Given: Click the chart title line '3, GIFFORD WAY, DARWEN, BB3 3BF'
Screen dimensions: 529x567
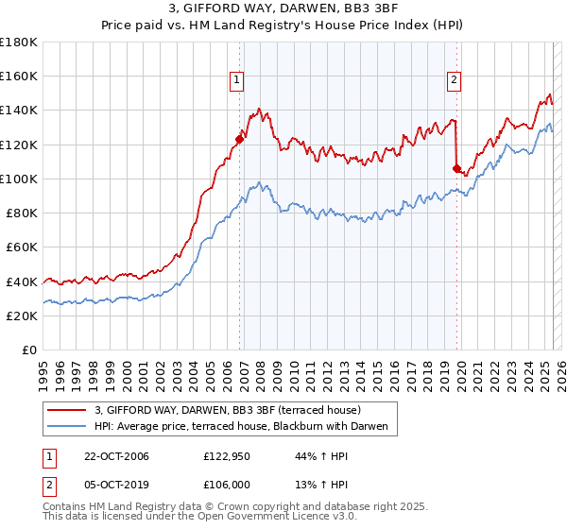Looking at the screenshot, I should click(283, 10).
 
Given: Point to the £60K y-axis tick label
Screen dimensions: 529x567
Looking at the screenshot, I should click(22, 247).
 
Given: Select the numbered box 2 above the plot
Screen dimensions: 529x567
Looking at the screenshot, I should click(455, 80).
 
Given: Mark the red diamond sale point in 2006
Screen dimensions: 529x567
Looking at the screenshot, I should click(239, 139).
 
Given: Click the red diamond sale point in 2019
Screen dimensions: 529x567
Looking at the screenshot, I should click(456, 168).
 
